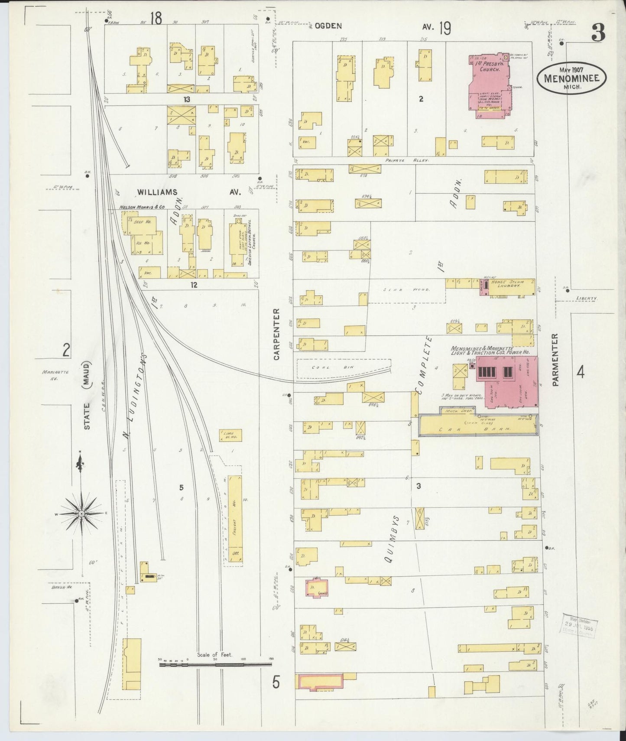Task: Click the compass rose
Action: pos(81,513)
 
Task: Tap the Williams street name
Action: pos(158,192)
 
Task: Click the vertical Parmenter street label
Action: pos(556,359)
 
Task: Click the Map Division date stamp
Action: pos(578,626)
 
